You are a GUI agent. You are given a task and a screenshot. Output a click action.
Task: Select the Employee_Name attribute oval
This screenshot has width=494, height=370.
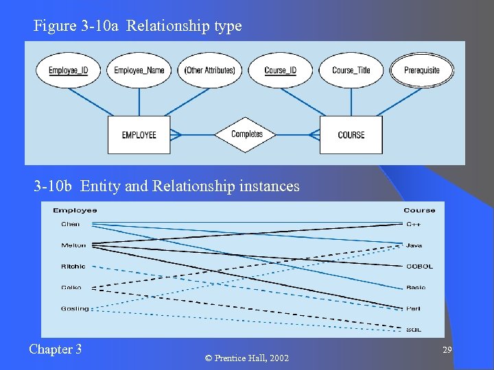[x=139, y=71]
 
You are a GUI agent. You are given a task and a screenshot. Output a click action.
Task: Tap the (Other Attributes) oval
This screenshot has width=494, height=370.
[x=210, y=71]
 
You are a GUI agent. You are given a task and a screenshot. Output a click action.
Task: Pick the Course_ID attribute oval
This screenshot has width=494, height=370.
[x=280, y=71]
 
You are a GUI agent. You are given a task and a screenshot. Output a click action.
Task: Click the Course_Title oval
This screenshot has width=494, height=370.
[x=351, y=71]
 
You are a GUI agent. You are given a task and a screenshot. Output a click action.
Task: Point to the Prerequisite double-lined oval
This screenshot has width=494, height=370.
[x=422, y=71]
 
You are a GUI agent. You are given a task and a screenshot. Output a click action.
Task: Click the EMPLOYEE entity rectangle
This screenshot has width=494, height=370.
[x=139, y=135]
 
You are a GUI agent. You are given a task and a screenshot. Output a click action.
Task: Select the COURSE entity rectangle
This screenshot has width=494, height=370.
[x=351, y=135]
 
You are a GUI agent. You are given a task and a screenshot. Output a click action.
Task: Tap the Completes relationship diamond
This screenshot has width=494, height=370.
[x=247, y=134]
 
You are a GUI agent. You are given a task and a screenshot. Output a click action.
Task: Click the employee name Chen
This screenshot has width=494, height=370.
[x=71, y=224]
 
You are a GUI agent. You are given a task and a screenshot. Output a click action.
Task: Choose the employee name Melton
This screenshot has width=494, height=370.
[x=73, y=245]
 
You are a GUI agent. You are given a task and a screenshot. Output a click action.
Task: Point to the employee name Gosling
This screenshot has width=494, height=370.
[x=75, y=308]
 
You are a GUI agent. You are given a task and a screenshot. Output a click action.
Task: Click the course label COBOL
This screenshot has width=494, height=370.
[x=419, y=267]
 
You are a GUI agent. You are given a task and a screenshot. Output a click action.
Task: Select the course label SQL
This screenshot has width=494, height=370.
[x=414, y=330]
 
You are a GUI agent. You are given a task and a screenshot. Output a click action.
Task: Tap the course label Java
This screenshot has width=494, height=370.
[x=414, y=245]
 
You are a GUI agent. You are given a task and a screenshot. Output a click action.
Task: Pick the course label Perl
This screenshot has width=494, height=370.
[x=413, y=309]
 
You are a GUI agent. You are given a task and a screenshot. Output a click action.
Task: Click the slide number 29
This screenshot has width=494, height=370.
[x=447, y=350]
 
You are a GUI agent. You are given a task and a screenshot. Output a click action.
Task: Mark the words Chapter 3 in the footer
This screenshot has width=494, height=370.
[x=56, y=349]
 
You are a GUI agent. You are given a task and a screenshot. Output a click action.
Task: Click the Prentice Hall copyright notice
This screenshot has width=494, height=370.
[x=247, y=358]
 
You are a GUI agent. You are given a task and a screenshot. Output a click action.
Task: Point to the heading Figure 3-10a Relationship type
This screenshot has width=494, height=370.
[x=138, y=27]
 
